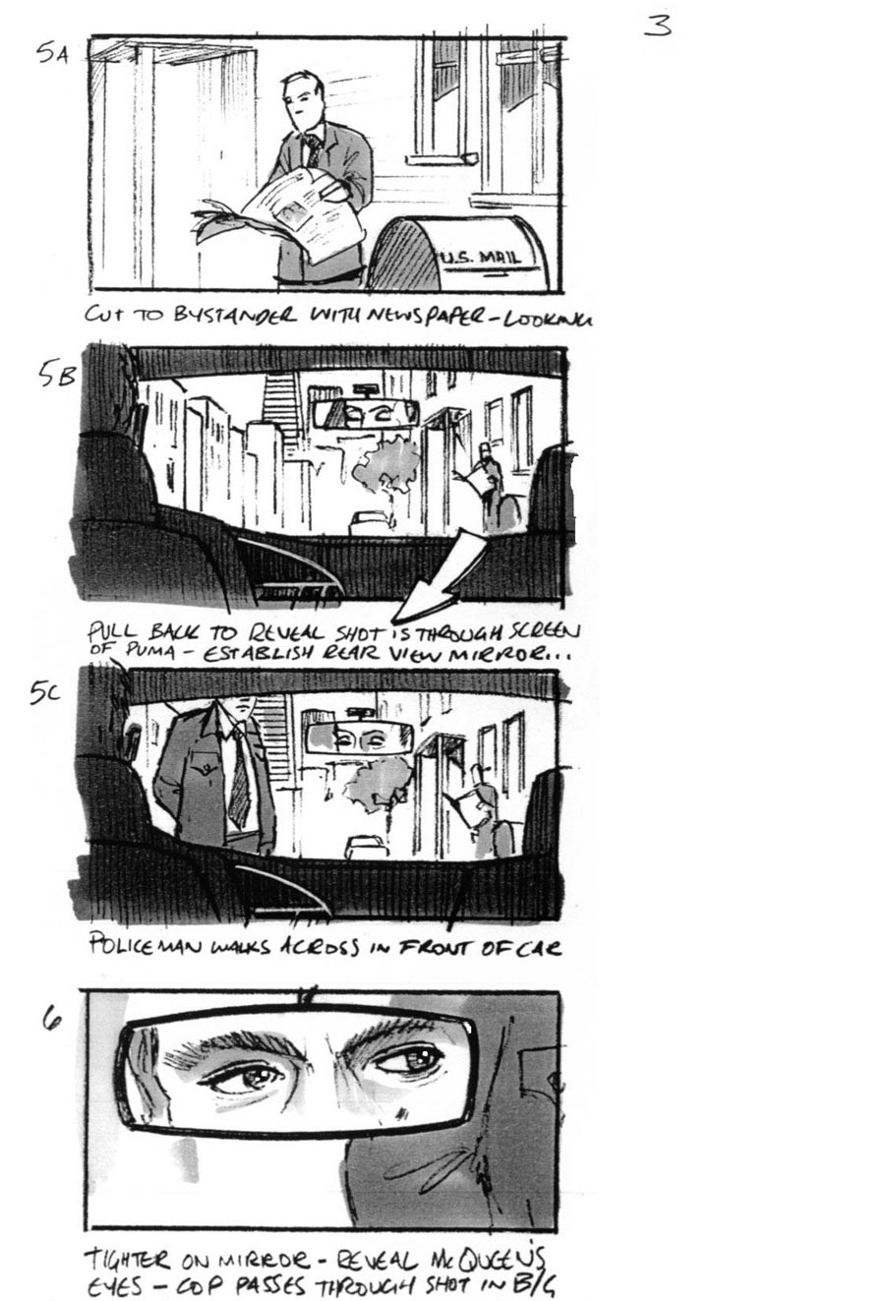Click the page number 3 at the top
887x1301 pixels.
pyautogui.click(x=658, y=26)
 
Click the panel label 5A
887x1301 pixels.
pyautogui.click(x=53, y=53)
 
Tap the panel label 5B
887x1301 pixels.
pyautogui.click(x=56, y=374)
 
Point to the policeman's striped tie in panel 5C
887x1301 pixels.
pyautogui.click(x=239, y=777)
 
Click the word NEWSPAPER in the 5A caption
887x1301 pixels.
pyautogui.click(x=436, y=316)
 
